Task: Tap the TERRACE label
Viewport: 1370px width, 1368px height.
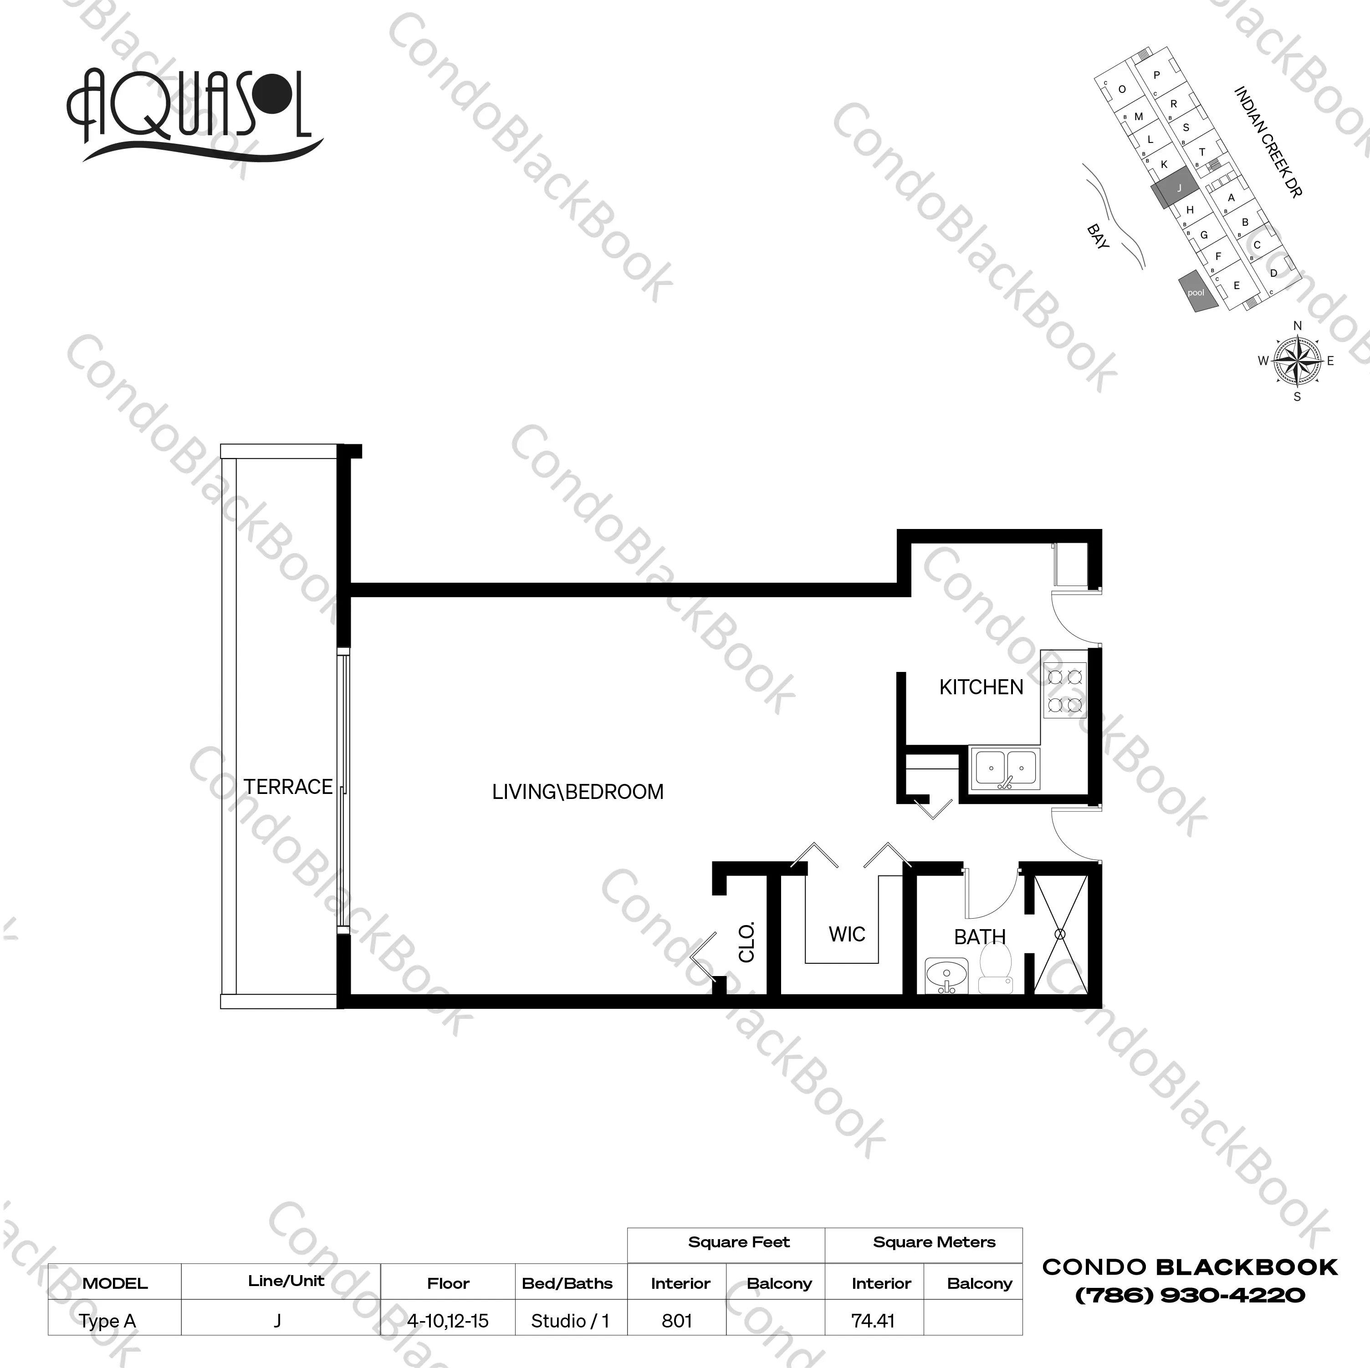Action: point(288,787)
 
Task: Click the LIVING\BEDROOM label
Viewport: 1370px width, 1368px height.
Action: point(578,792)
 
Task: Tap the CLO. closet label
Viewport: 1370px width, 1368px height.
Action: point(746,942)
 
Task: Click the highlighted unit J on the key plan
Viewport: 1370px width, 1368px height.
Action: point(1174,188)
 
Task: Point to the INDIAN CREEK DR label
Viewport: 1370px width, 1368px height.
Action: point(1268,142)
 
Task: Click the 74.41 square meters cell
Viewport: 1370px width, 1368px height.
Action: point(873,1321)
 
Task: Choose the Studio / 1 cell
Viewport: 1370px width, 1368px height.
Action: point(570,1321)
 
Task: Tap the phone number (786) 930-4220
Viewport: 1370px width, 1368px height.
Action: point(1191,1296)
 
